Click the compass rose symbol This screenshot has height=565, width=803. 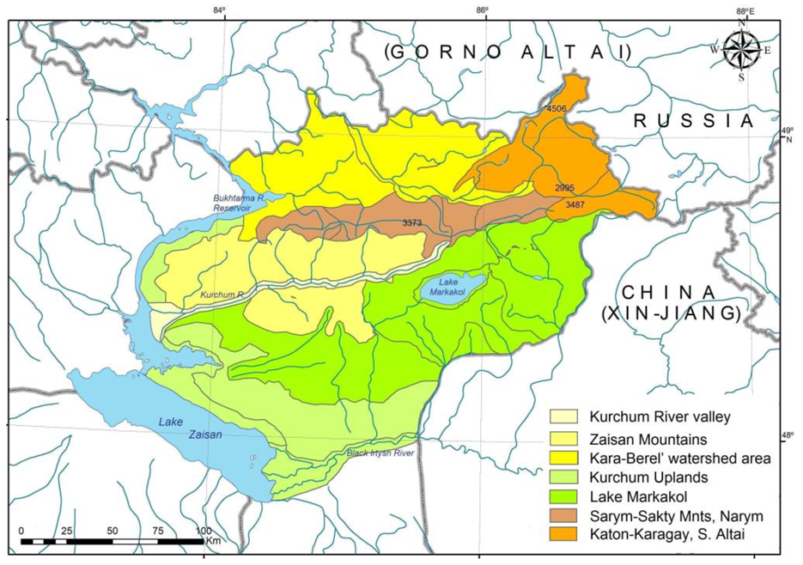point(739,50)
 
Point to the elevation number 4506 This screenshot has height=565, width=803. point(557,108)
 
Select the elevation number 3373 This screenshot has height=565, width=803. point(413,222)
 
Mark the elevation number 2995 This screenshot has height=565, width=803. point(564,187)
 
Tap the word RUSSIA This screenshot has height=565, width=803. point(692,121)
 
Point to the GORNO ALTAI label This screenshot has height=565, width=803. point(508,52)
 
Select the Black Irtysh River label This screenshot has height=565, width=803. point(381,453)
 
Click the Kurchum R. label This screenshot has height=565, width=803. point(219,295)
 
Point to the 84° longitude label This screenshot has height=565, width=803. point(222,11)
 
